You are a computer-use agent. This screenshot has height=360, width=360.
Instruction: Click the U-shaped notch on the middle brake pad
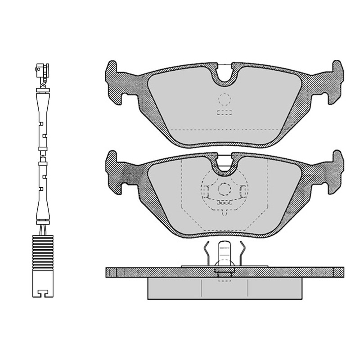[x=225, y=165]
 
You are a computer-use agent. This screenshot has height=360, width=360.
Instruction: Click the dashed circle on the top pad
[x=224, y=100]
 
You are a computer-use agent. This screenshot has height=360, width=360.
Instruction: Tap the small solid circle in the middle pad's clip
[x=224, y=190]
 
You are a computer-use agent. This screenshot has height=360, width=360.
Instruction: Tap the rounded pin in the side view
[x=224, y=252]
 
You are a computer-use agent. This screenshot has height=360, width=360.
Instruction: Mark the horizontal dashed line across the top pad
[x=225, y=130]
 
